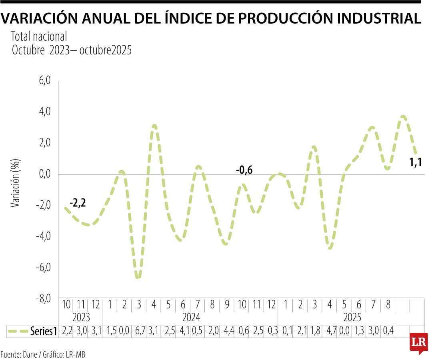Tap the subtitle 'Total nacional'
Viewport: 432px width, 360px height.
point(39,37)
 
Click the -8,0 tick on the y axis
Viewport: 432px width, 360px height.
point(43,298)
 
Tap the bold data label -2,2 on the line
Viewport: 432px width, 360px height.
point(78,204)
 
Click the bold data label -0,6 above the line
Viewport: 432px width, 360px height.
point(244,170)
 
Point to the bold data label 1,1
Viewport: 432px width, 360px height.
point(416,162)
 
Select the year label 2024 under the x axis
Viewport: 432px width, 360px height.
point(191,318)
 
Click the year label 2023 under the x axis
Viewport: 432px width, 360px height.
point(81,318)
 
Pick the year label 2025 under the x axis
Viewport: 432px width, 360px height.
point(352,318)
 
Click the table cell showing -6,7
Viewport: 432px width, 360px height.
point(139,331)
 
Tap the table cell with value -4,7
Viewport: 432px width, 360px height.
point(329,331)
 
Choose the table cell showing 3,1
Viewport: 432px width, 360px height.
point(154,331)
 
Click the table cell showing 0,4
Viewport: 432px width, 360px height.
point(388,331)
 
